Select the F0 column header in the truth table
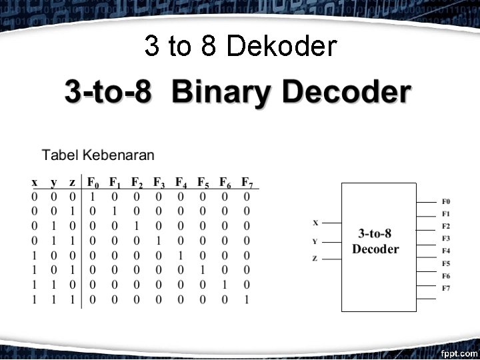(93, 182)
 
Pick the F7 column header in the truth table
(247, 182)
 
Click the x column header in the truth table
(35, 182)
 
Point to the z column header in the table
(72, 182)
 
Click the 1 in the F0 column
(93, 197)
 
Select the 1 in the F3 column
(159, 241)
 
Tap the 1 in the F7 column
(247, 300)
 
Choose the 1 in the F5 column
(203, 270)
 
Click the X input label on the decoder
(315, 223)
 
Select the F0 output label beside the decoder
(446, 201)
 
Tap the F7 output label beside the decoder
(446, 287)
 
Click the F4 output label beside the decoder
(446, 251)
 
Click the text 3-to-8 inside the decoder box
(375, 233)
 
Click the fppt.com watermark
(459, 351)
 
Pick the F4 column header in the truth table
(181, 182)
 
